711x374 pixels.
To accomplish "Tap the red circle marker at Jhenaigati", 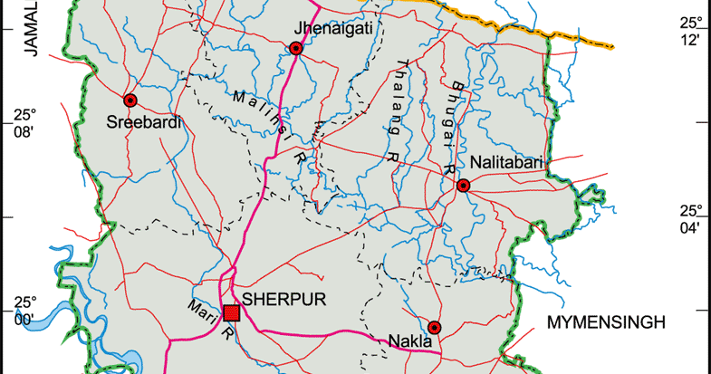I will tap(295, 49).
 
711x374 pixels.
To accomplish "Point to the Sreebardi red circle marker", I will tap(130, 101).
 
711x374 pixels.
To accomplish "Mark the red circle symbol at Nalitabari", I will tap(463, 186).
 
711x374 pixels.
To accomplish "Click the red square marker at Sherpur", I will tap(231, 313).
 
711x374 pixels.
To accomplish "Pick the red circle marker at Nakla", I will tap(434, 327).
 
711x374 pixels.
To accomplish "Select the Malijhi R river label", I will tap(270, 127).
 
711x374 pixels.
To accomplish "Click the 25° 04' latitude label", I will tap(691, 219).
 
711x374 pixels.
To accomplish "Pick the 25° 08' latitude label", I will tap(24, 123).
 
